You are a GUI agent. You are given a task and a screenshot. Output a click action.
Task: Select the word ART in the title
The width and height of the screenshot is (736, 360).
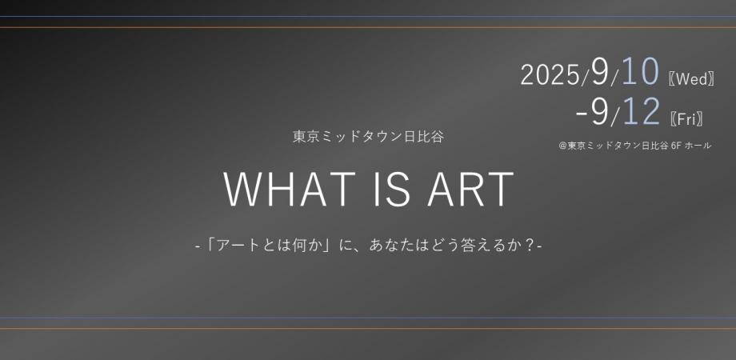(472, 190)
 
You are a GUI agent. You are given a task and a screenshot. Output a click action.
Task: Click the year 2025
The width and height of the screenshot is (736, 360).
(550, 75)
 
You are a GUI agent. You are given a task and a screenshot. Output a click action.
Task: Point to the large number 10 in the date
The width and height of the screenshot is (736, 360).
(638, 73)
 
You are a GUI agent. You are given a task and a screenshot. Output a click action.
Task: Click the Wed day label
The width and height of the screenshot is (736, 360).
(690, 78)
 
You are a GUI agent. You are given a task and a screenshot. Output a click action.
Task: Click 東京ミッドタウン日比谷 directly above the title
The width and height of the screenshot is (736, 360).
(368, 136)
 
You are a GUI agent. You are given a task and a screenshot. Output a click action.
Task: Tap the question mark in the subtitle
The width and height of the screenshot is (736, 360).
(530, 242)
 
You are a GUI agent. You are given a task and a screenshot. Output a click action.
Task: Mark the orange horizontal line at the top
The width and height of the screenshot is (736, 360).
(368, 27)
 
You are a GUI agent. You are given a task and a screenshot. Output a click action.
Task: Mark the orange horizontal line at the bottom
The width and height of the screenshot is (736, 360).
(368, 328)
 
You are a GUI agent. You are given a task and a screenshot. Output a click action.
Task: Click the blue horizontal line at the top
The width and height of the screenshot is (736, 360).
(368, 16)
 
